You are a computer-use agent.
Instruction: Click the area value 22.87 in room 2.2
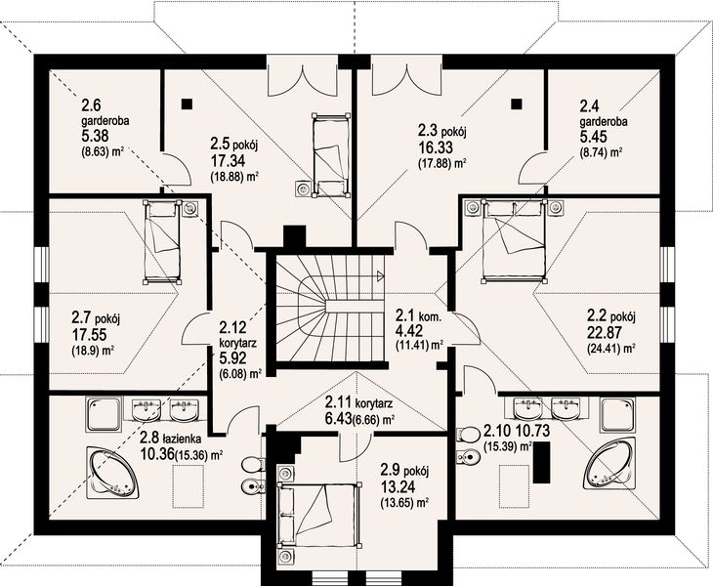pos(604,332)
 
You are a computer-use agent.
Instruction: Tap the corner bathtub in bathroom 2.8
pos(112,471)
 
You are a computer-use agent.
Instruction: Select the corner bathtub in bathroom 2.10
pos(609,464)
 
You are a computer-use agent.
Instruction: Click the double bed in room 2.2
pos(514,241)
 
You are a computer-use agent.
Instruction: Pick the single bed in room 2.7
pos(162,243)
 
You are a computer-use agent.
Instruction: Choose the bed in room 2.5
pos(331,156)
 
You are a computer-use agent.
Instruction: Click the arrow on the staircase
pos(380,274)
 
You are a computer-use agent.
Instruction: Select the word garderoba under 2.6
pos(105,121)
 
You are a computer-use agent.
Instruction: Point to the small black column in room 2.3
pos(516,105)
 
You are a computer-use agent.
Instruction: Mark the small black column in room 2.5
pos(187,105)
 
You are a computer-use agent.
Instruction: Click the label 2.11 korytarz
pos(358,402)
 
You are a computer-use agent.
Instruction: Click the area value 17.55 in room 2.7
pos(89,335)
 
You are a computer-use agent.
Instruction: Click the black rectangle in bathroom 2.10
pos(542,463)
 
